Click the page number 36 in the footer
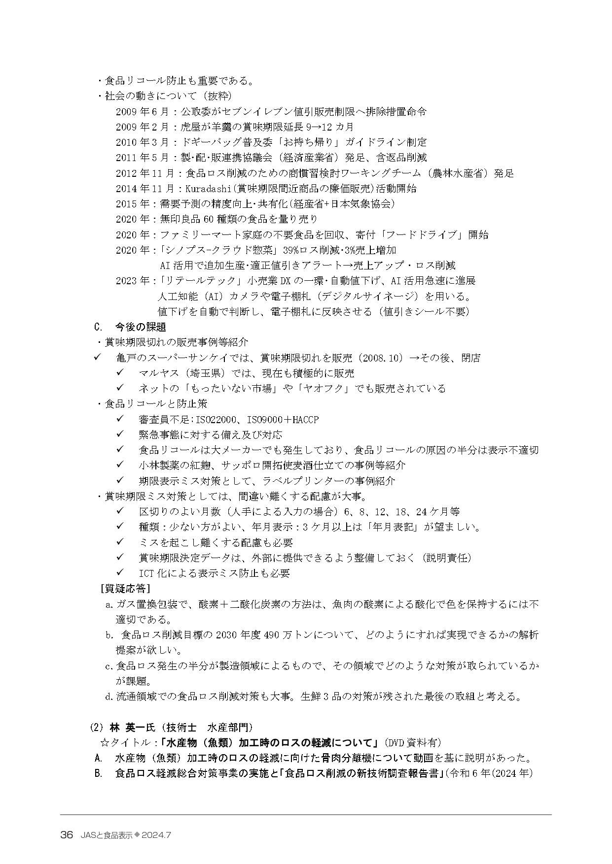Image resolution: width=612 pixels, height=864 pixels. point(67,835)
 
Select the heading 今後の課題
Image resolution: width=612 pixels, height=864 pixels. point(141,327)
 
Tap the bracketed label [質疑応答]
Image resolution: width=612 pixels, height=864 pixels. point(125,589)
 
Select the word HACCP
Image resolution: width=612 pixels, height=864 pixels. point(305,419)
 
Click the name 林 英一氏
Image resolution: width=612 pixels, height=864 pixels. point(133,727)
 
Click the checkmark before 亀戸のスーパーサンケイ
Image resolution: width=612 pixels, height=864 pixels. point(97,357)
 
